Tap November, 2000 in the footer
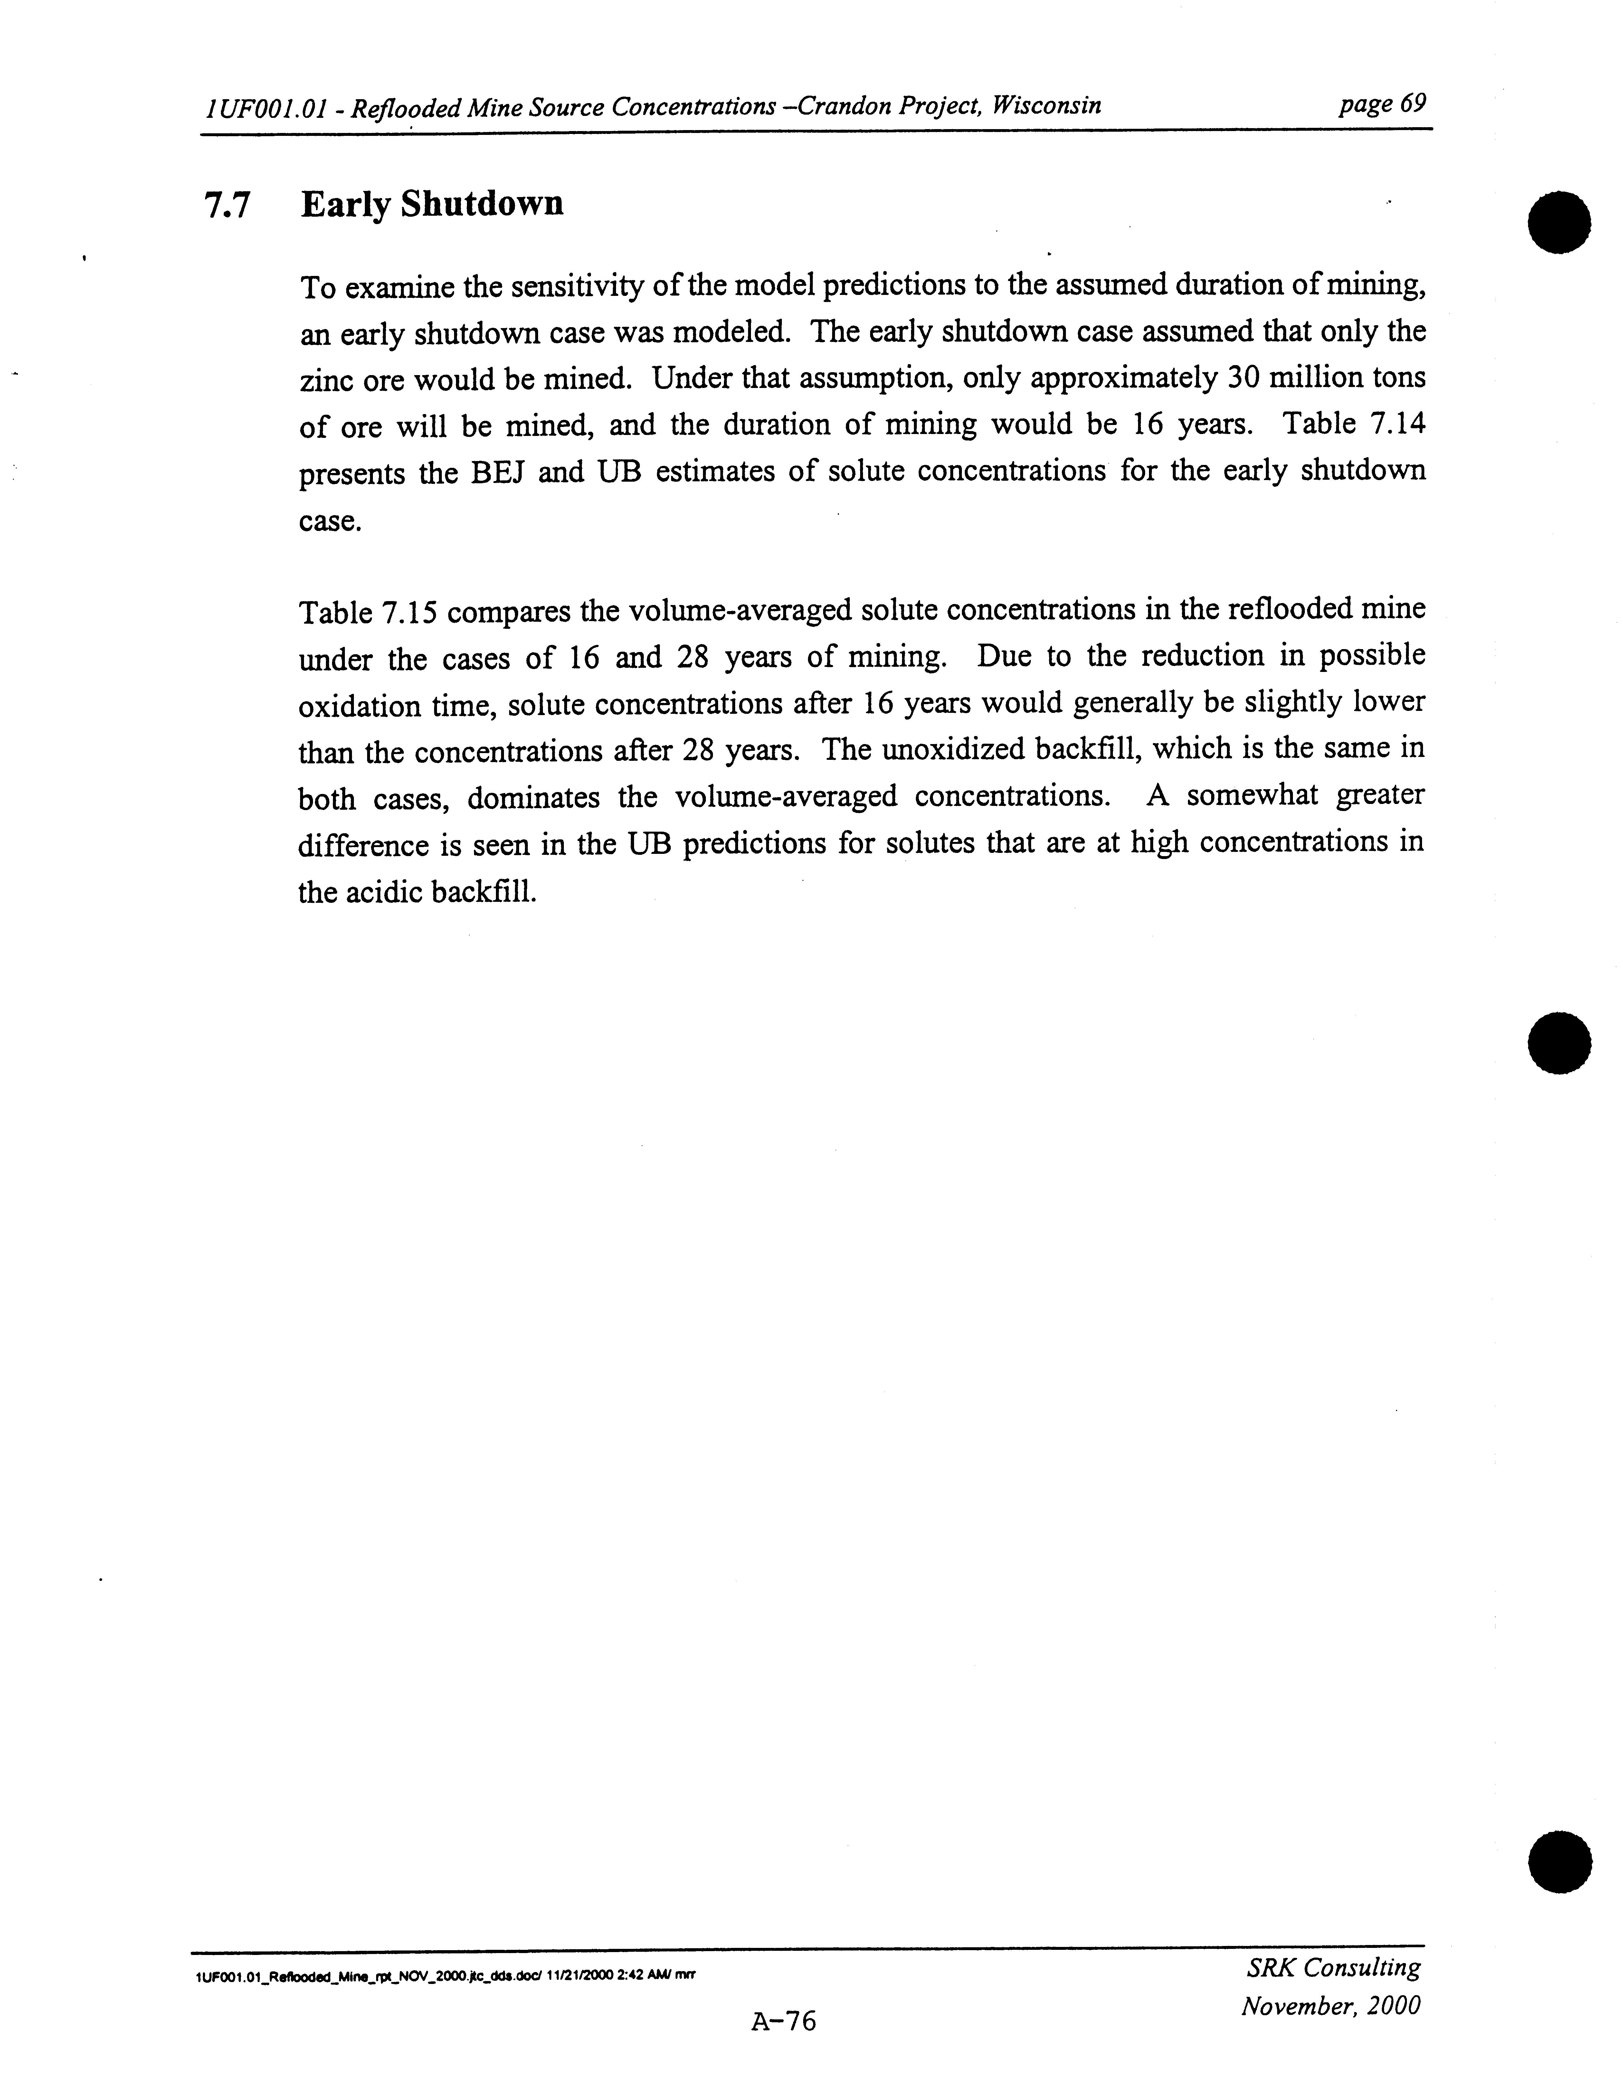[1330, 2006]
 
